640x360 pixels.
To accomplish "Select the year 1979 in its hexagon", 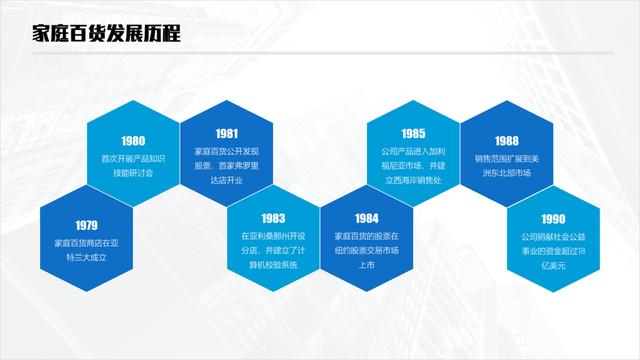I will pyautogui.click(x=86, y=225).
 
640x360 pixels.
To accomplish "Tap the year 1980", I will pyautogui.click(x=133, y=141).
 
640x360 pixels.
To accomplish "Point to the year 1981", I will pyautogui.click(x=226, y=133).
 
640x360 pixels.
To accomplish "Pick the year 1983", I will pyautogui.click(x=273, y=217).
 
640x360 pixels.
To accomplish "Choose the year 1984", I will pyautogui.click(x=366, y=217).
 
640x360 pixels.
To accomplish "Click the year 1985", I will pyautogui.click(x=413, y=133).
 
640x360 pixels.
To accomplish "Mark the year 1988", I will pyautogui.click(x=506, y=141).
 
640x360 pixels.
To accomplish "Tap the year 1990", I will pyautogui.click(x=553, y=219).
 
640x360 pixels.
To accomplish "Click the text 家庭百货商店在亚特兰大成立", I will pyautogui.click(x=86, y=250).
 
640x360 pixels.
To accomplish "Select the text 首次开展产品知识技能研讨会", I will pyautogui.click(x=133, y=166).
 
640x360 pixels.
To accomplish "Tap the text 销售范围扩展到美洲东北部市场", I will pyautogui.click(x=506, y=166).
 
